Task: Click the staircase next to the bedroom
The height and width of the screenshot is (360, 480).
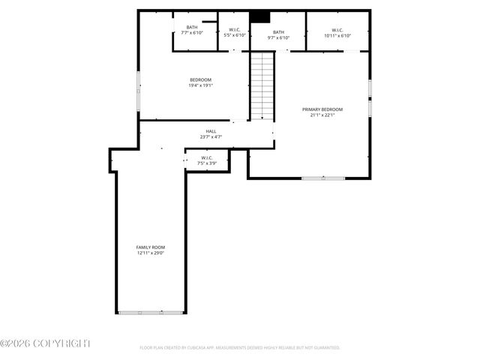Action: tap(262, 86)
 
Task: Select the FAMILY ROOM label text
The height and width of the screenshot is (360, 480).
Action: tap(150, 247)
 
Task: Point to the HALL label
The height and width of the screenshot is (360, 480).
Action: tap(211, 131)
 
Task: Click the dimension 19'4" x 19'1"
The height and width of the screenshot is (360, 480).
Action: tap(200, 85)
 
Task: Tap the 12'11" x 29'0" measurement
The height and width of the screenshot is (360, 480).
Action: tap(150, 253)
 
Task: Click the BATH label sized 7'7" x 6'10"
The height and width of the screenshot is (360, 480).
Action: tap(192, 28)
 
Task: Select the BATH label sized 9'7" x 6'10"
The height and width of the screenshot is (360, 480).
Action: tap(278, 32)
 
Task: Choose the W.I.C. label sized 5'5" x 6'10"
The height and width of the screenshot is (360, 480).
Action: tap(234, 30)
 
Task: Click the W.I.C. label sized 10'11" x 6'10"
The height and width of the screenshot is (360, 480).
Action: tap(337, 30)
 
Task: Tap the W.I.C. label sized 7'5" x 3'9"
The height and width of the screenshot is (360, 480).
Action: tap(207, 157)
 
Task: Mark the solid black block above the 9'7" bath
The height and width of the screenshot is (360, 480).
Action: tap(259, 16)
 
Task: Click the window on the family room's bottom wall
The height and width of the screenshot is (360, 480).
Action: tap(151, 313)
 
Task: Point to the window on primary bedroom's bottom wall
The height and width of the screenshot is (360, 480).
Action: tap(323, 178)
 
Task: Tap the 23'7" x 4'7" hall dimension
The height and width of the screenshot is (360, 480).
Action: tap(211, 137)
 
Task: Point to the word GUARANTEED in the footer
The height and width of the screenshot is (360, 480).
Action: tap(324, 348)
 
